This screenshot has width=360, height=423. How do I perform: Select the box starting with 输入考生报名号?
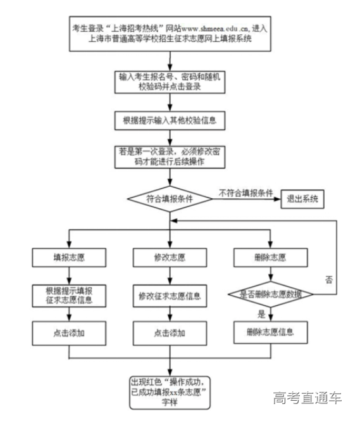(x=169, y=82)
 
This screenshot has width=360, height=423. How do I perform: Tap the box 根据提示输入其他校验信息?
(x=169, y=119)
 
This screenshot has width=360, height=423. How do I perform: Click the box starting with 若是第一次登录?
(x=169, y=158)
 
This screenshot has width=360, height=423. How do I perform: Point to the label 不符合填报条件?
(x=245, y=191)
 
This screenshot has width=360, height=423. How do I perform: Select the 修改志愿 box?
(x=169, y=258)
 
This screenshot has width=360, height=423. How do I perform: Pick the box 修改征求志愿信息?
(x=169, y=295)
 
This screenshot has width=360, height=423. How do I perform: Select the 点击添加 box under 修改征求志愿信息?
(x=169, y=332)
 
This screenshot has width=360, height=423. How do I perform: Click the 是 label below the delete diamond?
(x=261, y=313)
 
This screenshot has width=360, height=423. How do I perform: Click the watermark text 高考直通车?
(x=307, y=398)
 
